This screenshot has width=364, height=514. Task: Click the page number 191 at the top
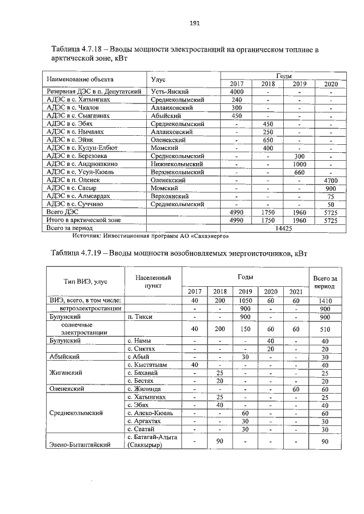(x=193, y=23)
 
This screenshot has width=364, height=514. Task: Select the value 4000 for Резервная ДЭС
(x=237, y=91)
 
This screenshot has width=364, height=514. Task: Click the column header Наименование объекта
(x=80, y=80)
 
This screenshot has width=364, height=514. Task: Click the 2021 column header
(x=296, y=291)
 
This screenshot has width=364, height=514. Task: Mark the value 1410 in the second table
(x=326, y=300)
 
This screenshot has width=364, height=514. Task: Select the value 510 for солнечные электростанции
(x=326, y=328)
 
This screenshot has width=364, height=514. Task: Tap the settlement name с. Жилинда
(x=144, y=389)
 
